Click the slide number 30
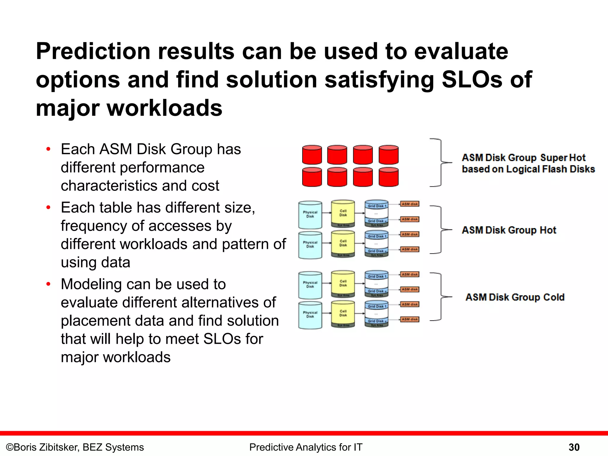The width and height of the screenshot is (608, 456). click(574, 447)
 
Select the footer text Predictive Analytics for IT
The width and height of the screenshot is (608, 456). click(306, 447)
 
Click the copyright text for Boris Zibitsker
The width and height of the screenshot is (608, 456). click(75, 447)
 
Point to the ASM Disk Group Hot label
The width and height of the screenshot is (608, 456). click(509, 230)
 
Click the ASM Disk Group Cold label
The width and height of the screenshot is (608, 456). click(515, 297)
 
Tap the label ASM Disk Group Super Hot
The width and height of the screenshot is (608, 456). click(523, 158)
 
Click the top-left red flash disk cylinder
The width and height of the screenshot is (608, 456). click(312, 155)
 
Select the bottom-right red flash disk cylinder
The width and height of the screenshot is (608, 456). click(389, 177)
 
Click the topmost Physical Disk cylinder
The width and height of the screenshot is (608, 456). click(310, 215)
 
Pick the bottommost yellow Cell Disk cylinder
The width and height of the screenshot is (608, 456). click(343, 313)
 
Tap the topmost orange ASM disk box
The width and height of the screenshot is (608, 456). click(410, 204)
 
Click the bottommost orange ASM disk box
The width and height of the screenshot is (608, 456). click(410, 319)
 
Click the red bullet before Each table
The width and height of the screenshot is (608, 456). click(48, 208)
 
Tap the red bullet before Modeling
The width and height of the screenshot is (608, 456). click(48, 284)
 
